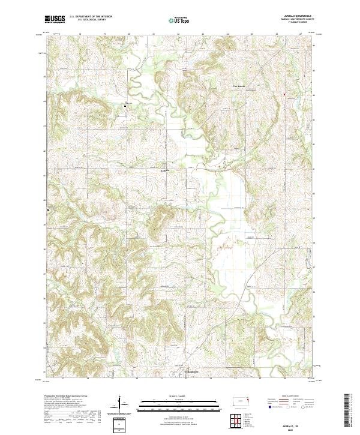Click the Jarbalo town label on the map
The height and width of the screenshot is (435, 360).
coord(163,170)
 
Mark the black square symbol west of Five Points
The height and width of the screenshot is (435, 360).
coord(125,106)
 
